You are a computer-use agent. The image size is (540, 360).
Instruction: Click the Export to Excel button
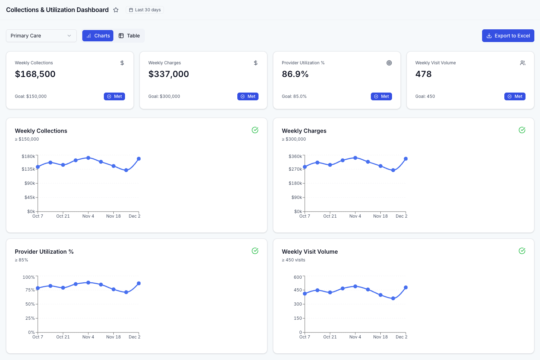(508, 36)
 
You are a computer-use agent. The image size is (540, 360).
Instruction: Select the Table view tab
(129, 36)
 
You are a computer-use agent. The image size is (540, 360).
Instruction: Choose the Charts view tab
(98, 36)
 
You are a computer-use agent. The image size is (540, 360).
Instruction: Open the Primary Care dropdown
(41, 36)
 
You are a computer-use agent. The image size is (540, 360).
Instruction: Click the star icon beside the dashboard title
(116, 10)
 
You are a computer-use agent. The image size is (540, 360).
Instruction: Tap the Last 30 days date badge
(145, 10)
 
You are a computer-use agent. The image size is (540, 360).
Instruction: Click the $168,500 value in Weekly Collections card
(35, 74)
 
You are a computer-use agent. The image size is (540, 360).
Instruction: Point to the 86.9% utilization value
(295, 74)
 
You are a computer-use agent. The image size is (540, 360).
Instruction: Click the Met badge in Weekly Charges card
(248, 96)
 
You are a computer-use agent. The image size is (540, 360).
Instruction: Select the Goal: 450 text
(425, 96)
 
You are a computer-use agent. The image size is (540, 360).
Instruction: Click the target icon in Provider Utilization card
(389, 63)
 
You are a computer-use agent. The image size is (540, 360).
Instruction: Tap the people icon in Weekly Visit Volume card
(522, 63)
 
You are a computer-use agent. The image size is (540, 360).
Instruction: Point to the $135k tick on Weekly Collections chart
(28, 169)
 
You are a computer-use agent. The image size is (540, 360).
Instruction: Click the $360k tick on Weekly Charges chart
(295, 157)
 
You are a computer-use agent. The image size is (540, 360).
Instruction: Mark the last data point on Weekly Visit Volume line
(406, 288)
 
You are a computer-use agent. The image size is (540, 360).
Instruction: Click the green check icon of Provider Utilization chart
(255, 251)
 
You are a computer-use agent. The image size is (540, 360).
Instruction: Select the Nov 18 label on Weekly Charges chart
(380, 216)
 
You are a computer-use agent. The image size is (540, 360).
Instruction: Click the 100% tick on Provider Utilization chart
(29, 277)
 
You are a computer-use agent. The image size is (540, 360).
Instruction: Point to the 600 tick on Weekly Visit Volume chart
(298, 277)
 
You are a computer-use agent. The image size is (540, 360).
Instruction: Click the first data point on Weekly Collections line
(38, 167)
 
